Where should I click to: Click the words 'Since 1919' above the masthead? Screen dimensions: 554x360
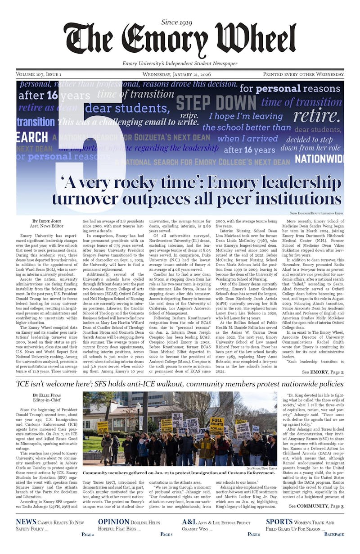pos(180,22)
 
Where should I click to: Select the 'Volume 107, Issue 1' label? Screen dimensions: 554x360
pos(39,74)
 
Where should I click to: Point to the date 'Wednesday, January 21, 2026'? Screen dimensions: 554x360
pos(180,74)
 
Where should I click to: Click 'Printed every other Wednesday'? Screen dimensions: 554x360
pos(303,74)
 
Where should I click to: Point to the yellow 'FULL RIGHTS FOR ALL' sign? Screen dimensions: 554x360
pos(217,425)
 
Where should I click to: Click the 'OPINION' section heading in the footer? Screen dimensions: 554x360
pos(114,522)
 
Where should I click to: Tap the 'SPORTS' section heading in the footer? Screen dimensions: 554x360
pos(279,522)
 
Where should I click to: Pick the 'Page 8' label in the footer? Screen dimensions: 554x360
pos(253,534)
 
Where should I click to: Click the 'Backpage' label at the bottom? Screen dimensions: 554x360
pos(334,534)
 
